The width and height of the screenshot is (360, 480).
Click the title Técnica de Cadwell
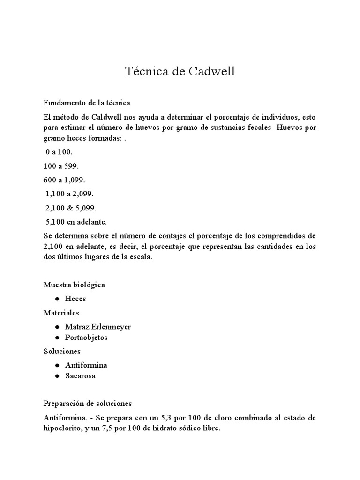[180, 72]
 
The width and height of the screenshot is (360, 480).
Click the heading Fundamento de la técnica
[87, 102]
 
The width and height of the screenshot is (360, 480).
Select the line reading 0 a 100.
[59, 153]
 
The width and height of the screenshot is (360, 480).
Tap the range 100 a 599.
[62, 166]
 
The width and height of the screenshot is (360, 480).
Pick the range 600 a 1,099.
[65, 180]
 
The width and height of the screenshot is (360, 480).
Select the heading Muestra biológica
[74, 285]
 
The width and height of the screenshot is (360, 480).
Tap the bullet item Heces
[75, 299]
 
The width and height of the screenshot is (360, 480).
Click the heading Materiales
[61, 312]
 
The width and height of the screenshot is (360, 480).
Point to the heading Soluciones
[62, 351]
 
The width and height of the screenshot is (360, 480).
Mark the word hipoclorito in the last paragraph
[60, 428]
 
